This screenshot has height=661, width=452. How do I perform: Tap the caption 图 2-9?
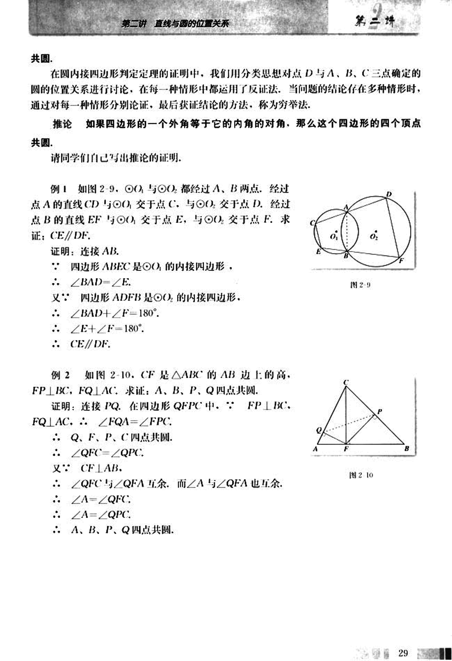tap(360, 285)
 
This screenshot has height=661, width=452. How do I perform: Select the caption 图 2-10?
tap(361, 475)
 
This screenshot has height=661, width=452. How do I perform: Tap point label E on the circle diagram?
tap(319, 251)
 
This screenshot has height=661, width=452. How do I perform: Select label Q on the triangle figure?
tap(318, 430)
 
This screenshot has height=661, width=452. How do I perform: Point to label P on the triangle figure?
tap(379, 411)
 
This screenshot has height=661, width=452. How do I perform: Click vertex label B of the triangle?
tap(407, 449)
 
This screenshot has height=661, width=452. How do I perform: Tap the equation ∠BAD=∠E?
tap(101, 282)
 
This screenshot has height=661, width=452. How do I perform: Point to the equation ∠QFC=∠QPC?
tap(107, 452)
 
